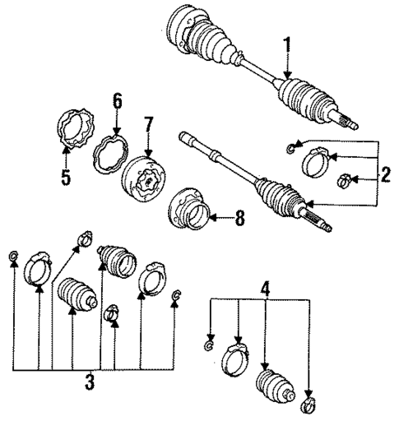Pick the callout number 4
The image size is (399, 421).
(265, 289)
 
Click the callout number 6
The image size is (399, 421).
(117, 101)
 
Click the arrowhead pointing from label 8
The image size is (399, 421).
(211, 218)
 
